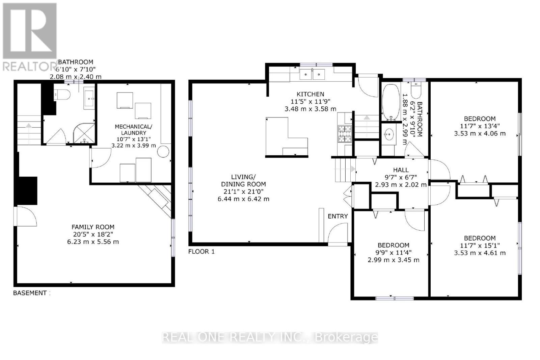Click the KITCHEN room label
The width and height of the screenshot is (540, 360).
(x=310, y=94)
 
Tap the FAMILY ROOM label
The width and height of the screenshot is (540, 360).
(x=93, y=227)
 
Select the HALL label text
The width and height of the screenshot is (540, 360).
(x=401, y=170)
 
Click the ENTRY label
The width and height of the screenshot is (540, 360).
(x=337, y=216)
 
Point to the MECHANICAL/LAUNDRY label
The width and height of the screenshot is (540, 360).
(x=134, y=130)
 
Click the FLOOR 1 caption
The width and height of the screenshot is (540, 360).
(x=201, y=252)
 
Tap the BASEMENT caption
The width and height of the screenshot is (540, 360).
(x=30, y=293)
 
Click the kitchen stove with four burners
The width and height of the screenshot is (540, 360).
(x=345, y=133)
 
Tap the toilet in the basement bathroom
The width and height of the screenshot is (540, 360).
(x=63, y=95)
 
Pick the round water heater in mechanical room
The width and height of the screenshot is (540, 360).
(x=164, y=152)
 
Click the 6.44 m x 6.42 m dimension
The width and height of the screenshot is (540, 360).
(x=243, y=199)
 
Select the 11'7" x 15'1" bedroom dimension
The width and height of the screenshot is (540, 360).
(x=480, y=246)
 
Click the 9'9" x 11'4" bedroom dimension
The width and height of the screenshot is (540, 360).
(x=393, y=253)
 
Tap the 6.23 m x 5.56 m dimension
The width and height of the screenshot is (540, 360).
(x=93, y=242)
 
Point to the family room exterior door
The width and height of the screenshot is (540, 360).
(x=25, y=216)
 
